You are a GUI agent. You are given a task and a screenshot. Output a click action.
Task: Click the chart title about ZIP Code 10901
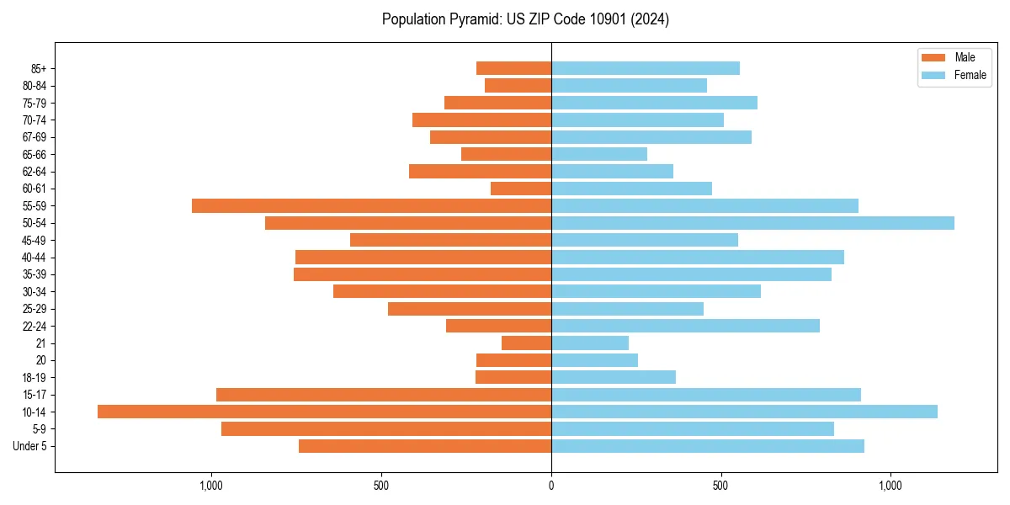(525, 19)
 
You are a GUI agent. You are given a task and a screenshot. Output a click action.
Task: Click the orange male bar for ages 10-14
(324, 412)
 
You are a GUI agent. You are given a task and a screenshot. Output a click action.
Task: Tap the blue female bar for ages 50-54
(752, 223)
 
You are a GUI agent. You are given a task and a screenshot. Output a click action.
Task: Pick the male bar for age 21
(526, 343)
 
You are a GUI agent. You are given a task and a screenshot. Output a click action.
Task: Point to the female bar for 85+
(646, 68)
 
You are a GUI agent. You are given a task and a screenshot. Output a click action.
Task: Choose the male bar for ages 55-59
(371, 205)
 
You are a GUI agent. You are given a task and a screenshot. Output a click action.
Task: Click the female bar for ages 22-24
(685, 326)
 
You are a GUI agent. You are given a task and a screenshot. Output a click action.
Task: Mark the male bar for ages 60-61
(521, 189)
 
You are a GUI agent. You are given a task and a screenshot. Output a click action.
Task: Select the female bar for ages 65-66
(599, 154)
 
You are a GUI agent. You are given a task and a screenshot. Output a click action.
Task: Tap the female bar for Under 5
(708, 446)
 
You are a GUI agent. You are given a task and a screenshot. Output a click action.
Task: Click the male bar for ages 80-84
(518, 85)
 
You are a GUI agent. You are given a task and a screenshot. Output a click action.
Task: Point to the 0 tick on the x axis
(551, 486)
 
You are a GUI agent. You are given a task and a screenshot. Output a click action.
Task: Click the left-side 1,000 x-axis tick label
(210, 486)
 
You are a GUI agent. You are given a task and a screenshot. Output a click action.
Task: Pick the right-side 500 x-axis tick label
(720, 486)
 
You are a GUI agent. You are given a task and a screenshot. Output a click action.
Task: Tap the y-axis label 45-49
(34, 240)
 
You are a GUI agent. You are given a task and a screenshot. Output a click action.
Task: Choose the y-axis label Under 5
(29, 446)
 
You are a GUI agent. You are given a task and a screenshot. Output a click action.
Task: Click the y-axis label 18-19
(34, 378)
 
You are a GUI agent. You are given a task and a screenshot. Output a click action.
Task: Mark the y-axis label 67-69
(34, 137)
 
